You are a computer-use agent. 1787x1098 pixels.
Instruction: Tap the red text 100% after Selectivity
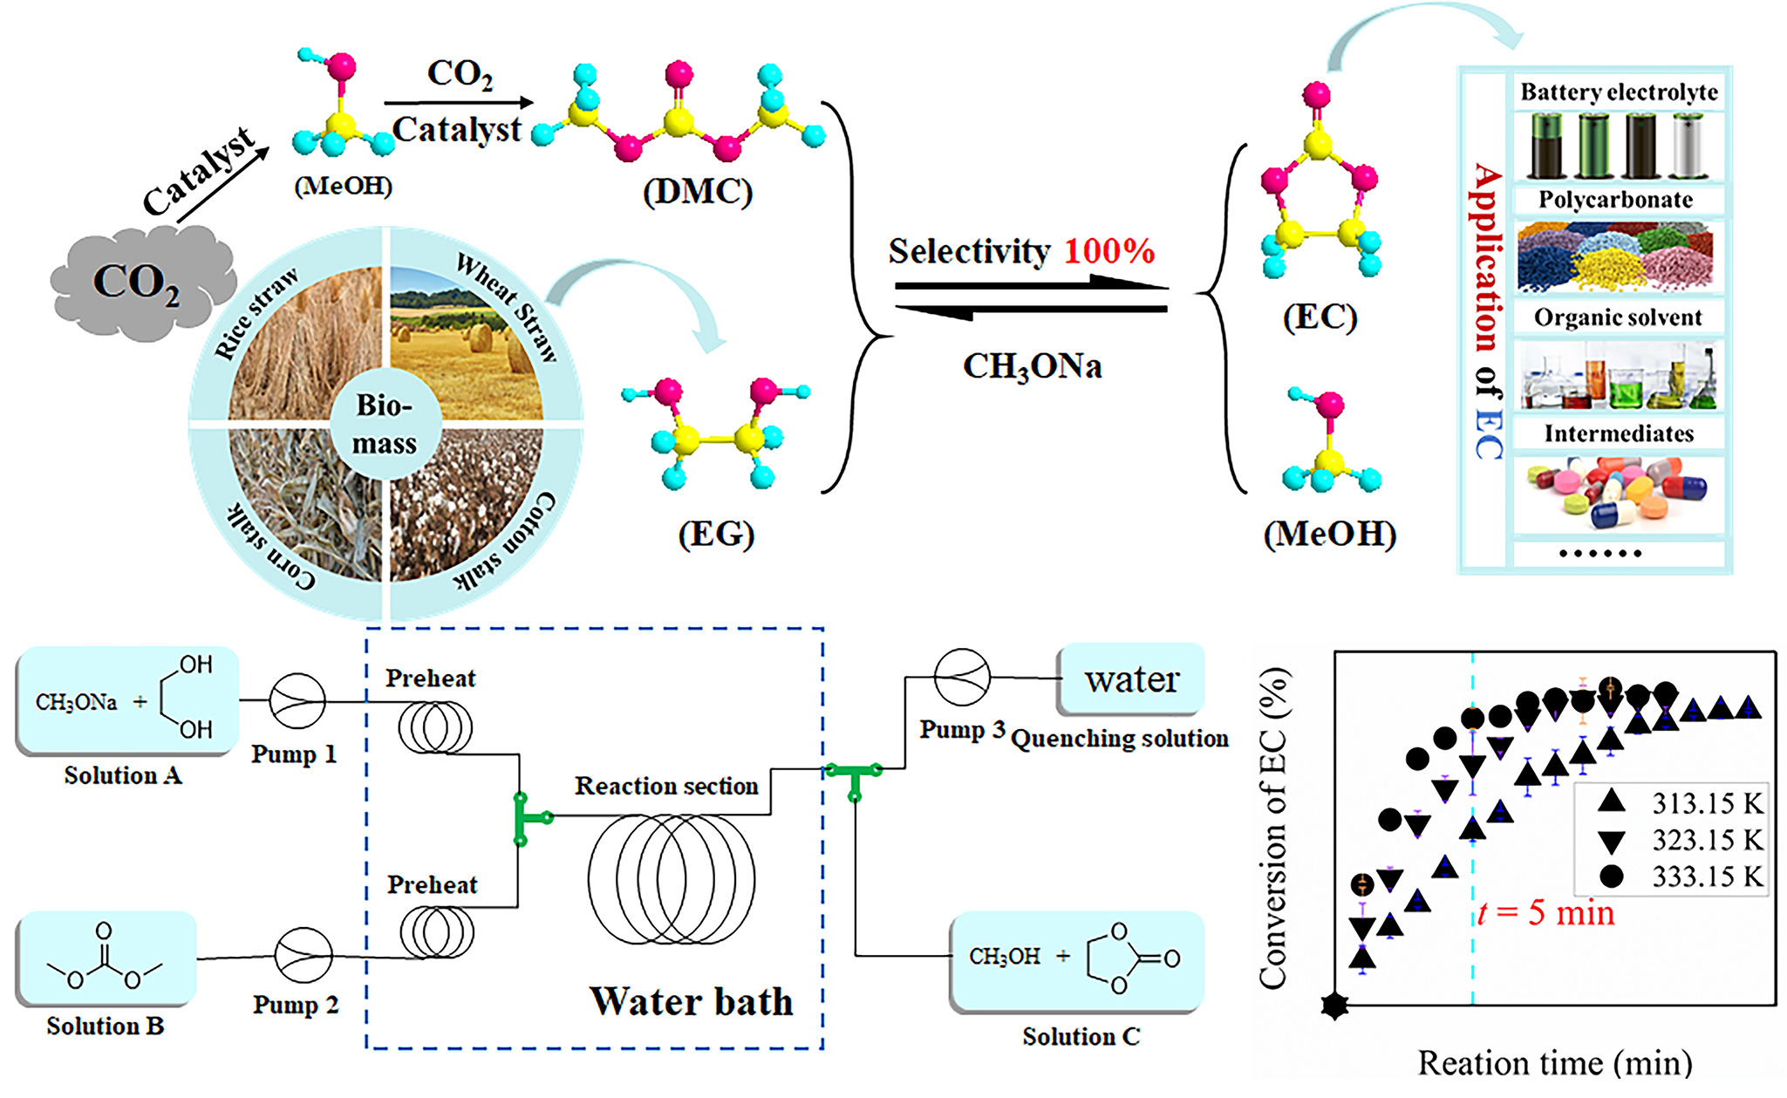1108,251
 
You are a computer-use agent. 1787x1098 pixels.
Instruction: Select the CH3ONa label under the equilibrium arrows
1032,366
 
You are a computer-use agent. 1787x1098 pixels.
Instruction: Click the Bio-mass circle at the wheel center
385,425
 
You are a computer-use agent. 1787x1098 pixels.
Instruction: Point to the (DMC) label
698,191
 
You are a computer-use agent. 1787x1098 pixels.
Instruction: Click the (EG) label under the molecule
716,534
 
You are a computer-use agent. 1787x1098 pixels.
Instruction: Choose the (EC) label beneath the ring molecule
1320,317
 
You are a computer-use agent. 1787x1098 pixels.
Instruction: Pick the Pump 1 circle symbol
297,700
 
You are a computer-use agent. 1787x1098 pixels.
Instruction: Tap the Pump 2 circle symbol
303,955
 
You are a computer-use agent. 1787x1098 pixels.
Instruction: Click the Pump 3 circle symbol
962,677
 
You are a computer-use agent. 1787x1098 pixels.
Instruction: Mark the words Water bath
691,1001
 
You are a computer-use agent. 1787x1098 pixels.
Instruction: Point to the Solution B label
105,1026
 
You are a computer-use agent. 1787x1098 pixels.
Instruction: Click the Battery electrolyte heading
1619,92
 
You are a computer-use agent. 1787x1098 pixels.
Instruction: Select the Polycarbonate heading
1615,200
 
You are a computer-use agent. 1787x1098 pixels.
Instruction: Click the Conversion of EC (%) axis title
1273,829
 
